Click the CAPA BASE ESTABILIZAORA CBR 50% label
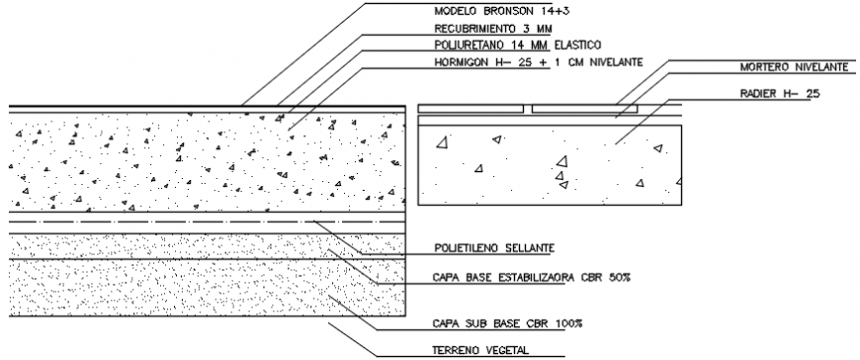532,278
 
